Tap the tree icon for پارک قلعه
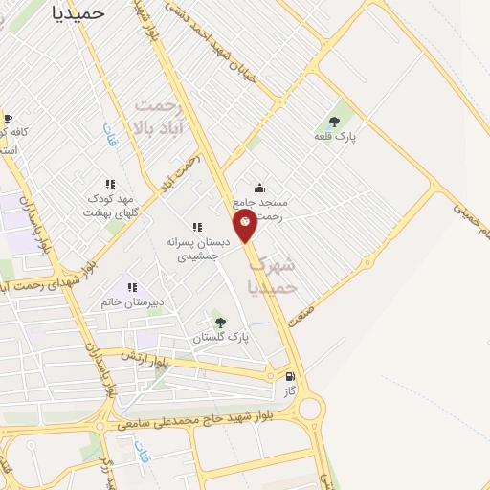(334, 121)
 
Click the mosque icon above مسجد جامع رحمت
(260, 188)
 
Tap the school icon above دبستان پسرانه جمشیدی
(197, 227)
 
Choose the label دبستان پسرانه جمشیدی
(197, 249)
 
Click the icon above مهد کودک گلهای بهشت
(111, 183)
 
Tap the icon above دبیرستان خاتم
(132, 286)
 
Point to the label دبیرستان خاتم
(132, 302)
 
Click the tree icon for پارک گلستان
(220, 323)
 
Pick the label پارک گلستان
(220, 338)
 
